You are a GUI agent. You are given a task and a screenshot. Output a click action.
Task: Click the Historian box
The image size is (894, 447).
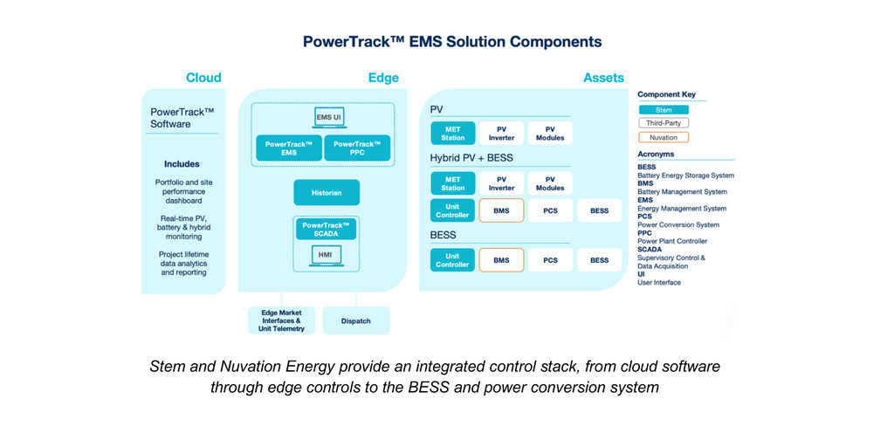point(326,192)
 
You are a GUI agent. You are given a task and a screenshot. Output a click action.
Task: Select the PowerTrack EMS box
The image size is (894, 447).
point(288,148)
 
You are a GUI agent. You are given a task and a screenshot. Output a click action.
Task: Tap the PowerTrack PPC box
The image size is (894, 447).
point(357,148)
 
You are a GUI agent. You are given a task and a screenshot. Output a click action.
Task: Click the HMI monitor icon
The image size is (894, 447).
point(326,256)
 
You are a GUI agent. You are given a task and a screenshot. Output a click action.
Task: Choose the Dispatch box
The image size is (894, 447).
point(356,321)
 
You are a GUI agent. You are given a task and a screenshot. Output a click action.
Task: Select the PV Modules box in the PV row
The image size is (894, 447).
point(550,134)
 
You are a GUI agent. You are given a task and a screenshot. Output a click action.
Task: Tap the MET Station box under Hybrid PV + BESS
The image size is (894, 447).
point(452,183)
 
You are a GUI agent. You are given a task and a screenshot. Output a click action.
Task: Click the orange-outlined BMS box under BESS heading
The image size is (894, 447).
point(501,260)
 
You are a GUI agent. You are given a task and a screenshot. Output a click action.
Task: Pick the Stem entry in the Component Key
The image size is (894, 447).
point(664,110)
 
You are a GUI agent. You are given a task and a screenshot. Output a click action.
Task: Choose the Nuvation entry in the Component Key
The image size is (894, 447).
point(664,137)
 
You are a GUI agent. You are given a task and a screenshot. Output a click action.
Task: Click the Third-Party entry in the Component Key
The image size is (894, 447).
point(664,123)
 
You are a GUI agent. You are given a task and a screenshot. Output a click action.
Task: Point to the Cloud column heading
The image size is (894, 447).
point(203,78)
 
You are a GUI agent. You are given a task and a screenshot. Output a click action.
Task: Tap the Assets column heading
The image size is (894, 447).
point(603,78)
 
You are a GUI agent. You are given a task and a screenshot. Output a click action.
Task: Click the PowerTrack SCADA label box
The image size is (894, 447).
point(326,229)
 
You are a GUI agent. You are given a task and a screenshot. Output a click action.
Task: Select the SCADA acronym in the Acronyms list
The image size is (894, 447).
point(650,250)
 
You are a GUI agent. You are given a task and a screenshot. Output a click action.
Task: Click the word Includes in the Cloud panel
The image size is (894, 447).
point(182,164)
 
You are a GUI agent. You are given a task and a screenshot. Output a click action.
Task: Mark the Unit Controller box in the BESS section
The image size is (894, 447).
point(452,260)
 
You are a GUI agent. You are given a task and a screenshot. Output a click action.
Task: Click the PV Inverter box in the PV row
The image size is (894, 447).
point(501,134)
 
